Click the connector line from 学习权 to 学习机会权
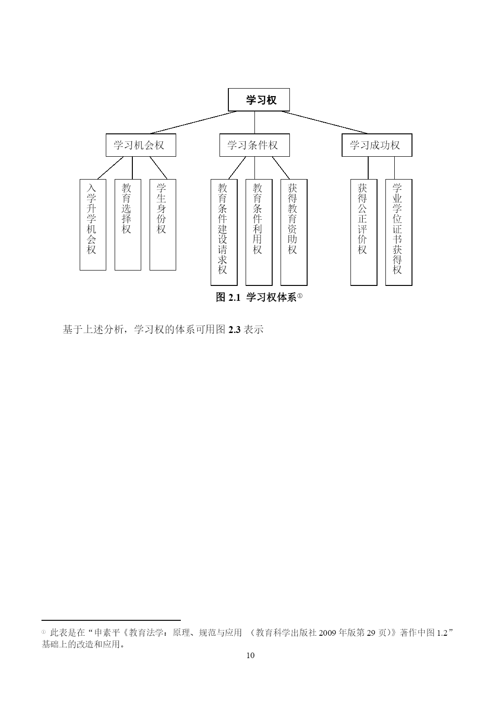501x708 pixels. [193, 122]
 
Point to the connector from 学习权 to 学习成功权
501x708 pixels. [324, 122]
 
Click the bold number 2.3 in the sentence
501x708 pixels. [234, 330]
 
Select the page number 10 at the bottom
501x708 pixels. [251, 656]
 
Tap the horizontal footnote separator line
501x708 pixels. [111, 620]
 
